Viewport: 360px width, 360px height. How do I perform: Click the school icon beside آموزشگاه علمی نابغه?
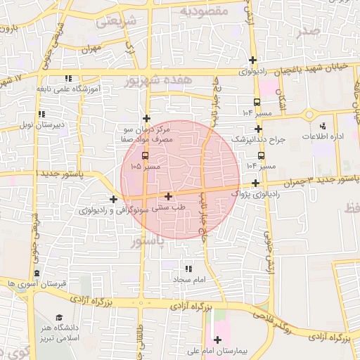point(67,78)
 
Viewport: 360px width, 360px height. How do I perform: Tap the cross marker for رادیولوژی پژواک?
point(255,183)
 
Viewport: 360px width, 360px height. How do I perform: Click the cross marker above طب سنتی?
point(168,197)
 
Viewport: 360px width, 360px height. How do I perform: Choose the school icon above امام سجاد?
point(188,269)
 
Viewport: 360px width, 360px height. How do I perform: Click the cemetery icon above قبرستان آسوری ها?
point(37,273)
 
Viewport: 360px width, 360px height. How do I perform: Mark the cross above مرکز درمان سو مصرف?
point(146,118)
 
